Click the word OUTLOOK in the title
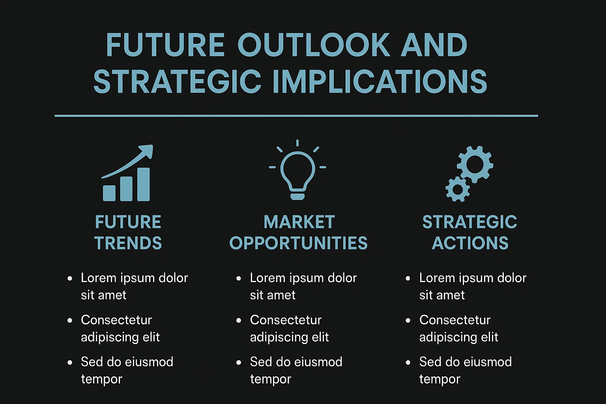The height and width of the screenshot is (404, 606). [x=314, y=45]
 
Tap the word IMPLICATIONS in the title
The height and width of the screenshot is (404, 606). [x=380, y=81]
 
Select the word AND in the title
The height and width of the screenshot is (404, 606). [x=434, y=45]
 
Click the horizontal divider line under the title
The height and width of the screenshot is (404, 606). [x=296, y=116]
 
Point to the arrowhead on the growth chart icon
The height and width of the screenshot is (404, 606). [x=147, y=151]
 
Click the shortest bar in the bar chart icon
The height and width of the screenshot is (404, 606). [x=109, y=193]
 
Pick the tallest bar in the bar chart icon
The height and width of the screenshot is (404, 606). [x=143, y=184]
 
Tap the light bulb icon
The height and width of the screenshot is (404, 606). [x=297, y=170]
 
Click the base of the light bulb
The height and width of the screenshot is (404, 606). [x=297, y=196]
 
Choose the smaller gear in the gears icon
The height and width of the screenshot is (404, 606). [x=458, y=189]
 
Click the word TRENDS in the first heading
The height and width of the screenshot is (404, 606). [x=128, y=243]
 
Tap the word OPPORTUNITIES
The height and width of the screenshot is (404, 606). [x=298, y=243]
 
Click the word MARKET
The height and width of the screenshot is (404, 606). [x=299, y=222]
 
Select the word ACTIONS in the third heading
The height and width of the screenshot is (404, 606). [x=470, y=243]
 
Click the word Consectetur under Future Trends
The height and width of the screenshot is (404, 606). [x=116, y=320]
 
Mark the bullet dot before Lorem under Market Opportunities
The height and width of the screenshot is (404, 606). [x=239, y=279]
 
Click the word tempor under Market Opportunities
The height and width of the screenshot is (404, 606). [x=271, y=380]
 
